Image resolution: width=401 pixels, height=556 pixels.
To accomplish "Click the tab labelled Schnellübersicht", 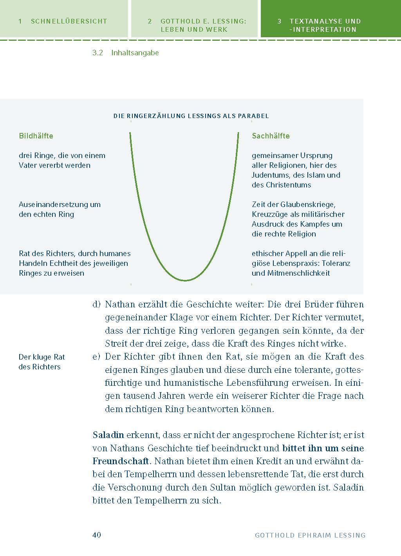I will pos(63,21).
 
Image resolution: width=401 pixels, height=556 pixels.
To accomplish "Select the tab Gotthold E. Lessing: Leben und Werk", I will pos(194,25).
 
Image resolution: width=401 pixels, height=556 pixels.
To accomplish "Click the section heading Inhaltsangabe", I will pos(135,53).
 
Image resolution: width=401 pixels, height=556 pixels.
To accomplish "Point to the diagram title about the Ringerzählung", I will pos(191,116).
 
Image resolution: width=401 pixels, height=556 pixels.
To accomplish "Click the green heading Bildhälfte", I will pos(36,136).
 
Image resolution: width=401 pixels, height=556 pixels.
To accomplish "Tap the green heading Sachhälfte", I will pos(271,136).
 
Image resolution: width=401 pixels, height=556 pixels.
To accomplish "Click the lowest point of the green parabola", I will pos(185,280).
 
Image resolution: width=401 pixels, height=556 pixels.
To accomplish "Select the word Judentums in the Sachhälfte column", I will pos(269,175).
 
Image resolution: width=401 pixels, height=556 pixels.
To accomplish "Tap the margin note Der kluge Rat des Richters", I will pos(42,362).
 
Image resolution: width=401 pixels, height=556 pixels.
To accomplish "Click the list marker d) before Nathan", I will pos(96,305).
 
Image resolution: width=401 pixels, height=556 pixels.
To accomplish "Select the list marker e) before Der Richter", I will pos(96,357).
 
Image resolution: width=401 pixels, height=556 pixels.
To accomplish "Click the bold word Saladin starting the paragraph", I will pos(108,435).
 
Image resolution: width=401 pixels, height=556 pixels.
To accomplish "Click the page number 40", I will pos(97,535).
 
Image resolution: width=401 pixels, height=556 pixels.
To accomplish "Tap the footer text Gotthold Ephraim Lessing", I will pos(310,535).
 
